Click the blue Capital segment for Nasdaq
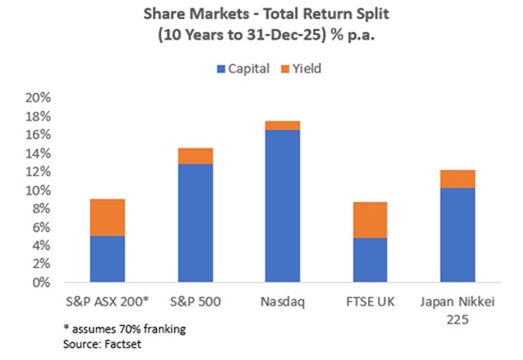coord(282,206)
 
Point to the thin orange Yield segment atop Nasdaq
coord(282,125)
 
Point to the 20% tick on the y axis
coord(58,98)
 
